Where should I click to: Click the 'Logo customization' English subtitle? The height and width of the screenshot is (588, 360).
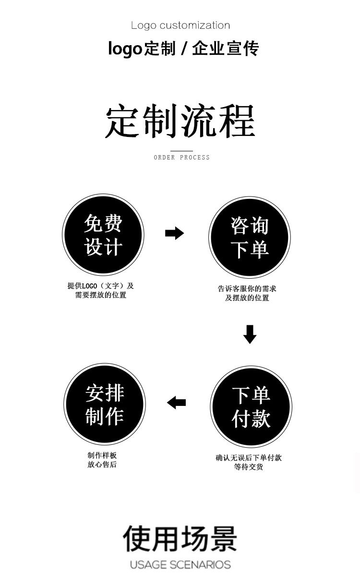click(180, 25)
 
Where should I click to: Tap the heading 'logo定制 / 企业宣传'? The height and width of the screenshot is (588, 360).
click(183, 49)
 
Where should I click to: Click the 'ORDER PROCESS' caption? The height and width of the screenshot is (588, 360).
click(182, 158)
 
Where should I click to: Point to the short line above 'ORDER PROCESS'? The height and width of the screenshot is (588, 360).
click(181, 151)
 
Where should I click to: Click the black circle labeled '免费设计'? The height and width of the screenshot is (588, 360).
click(103, 235)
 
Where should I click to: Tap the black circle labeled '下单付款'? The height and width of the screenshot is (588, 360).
click(251, 406)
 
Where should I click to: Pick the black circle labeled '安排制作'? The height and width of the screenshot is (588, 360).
click(105, 404)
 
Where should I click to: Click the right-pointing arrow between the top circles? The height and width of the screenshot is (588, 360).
click(174, 233)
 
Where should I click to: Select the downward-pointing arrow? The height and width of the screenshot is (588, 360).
click(250, 334)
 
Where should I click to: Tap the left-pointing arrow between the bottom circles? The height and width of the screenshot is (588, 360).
click(176, 403)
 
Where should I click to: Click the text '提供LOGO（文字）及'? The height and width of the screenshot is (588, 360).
click(101, 286)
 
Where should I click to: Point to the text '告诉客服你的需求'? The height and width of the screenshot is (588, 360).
click(247, 289)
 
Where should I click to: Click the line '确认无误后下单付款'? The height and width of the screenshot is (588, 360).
click(249, 458)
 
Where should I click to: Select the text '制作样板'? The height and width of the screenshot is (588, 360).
click(102, 455)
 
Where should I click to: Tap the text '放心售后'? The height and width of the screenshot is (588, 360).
click(102, 465)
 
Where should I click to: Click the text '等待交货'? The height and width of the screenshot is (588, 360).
click(249, 467)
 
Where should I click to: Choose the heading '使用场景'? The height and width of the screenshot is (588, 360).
click(180, 539)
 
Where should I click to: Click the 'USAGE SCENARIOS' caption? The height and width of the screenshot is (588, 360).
click(180, 565)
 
